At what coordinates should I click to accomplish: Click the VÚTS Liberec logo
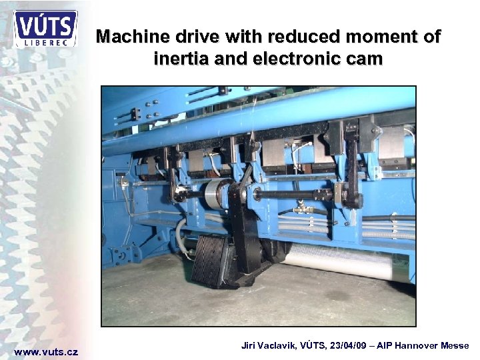(45, 29)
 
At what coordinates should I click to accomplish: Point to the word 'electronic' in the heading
(299, 59)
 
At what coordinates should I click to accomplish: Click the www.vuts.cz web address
(46, 352)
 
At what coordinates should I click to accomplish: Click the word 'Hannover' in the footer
(415, 346)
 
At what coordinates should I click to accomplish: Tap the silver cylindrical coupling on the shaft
(216, 193)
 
